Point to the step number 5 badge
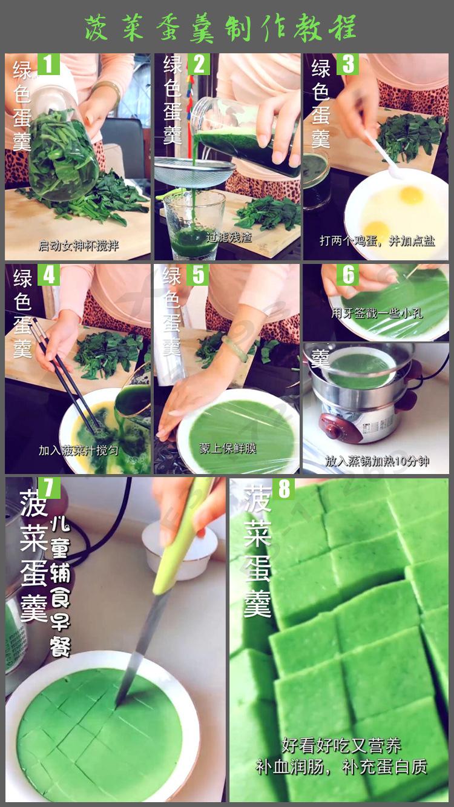[198, 275]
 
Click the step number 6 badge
[347, 275]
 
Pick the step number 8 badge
[283, 489]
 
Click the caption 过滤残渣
[229, 237]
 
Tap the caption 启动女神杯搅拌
[79, 246]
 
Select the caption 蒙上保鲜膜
[228, 449]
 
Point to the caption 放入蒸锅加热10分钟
[377, 461]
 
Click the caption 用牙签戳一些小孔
[377, 313]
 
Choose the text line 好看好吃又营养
[341, 745]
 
